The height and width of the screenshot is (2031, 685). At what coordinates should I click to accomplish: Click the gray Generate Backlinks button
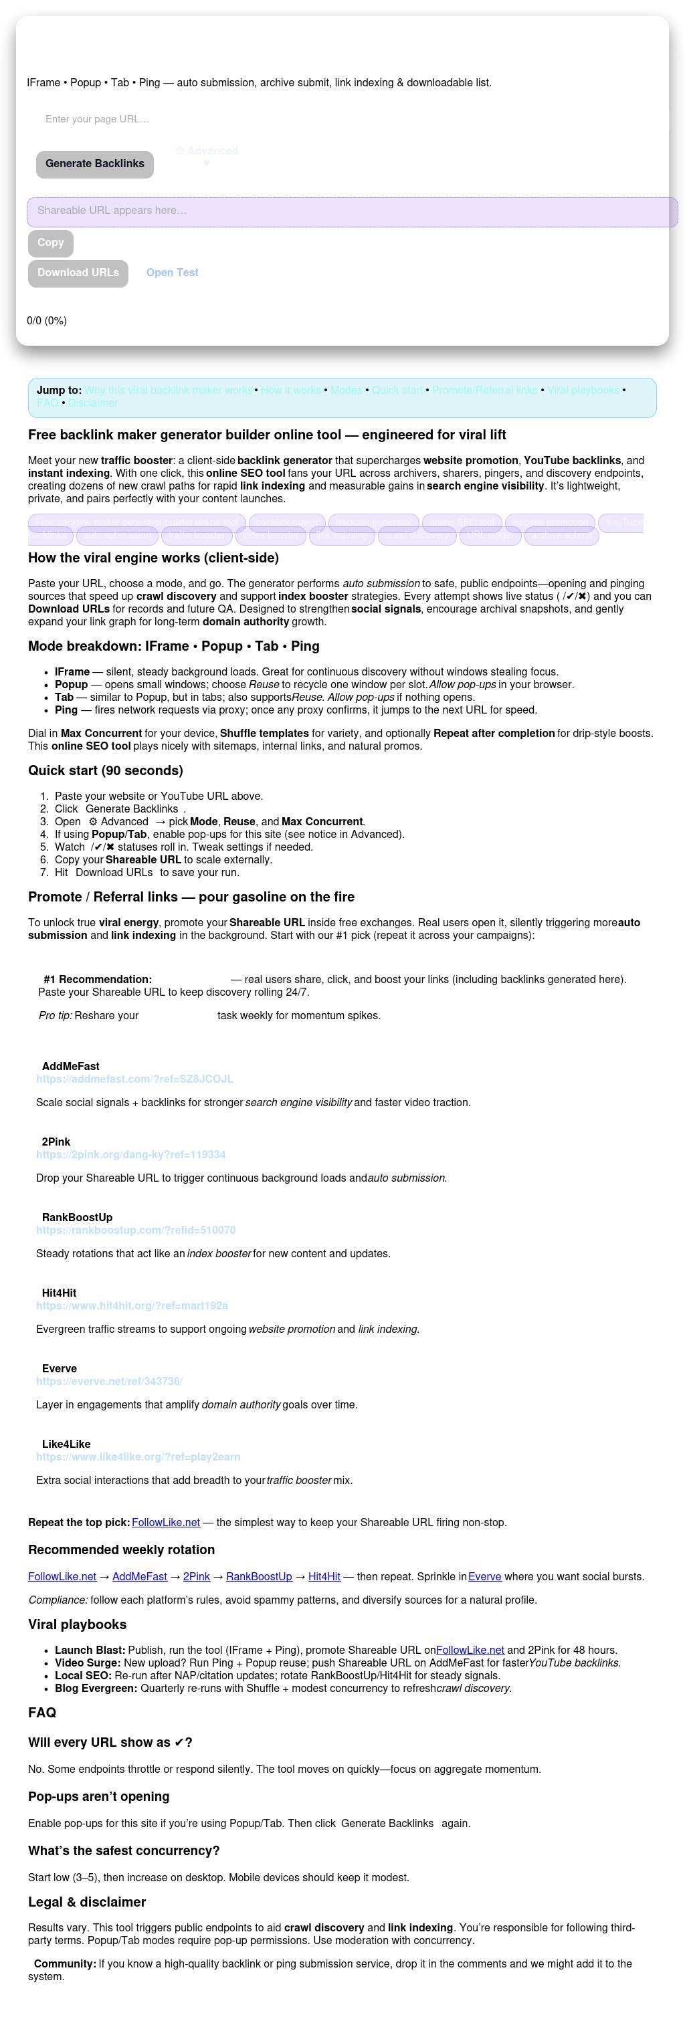pyautogui.click(x=94, y=164)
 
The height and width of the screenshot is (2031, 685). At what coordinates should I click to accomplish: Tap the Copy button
pyautogui.click(x=50, y=243)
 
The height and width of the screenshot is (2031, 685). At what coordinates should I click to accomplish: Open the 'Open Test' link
pyautogui.click(x=172, y=273)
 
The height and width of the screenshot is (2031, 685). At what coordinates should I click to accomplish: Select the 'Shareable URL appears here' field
pyautogui.click(x=352, y=211)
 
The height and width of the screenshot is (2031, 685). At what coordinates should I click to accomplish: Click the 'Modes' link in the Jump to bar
pyautogui.click(x=345, y=391)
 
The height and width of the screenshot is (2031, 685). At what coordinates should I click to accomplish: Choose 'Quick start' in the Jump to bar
pyautogui.click(x=397, y=391)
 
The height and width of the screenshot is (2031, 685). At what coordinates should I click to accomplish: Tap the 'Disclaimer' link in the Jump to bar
pyautogui.click(x=92, y=403)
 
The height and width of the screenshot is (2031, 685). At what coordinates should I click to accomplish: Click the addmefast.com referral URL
pyautogui.click(x=134, y=1079)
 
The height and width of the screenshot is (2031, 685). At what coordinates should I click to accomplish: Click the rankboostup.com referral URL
pyautogui.click(x=136, y=1230)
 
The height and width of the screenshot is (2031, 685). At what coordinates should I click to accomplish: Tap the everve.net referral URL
pyautogui.click(x=109, y=1382)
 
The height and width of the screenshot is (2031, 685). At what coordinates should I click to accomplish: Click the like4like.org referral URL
pyautogui.click(x=138, y=1457)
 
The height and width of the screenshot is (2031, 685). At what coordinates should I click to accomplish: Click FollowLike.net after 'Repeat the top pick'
pyautogui.click(x=165, y=1523)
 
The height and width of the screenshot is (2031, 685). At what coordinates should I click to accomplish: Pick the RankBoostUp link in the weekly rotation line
pyautogui.click(x=259, y=1577)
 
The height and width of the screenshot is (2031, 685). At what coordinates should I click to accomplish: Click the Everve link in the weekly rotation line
pyautogui.click(x=484, y=1577)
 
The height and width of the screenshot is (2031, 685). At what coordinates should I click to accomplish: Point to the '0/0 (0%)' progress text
pyautogui.click(x=47, y=321)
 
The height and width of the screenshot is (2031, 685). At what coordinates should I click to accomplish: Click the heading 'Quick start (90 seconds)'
pyautogui.click(x=105, y=770)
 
